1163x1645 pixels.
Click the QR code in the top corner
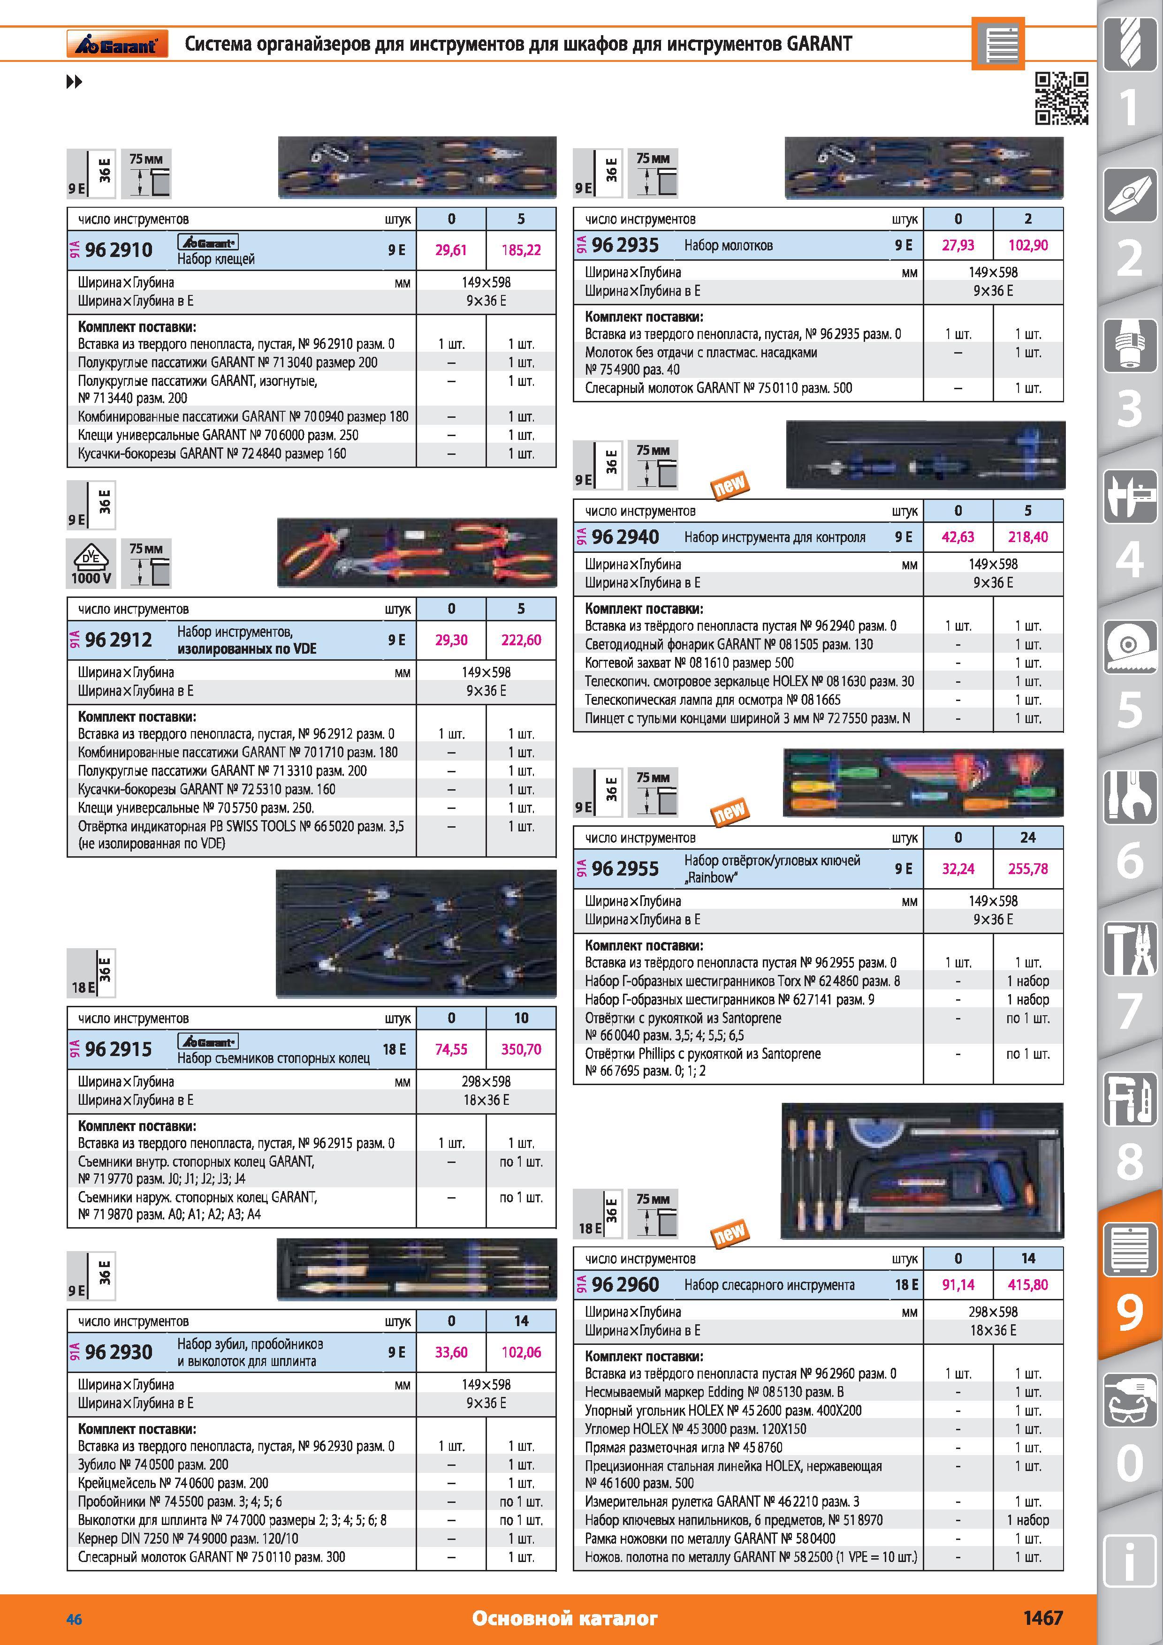point(1061,98)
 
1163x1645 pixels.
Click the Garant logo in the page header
point(117,44)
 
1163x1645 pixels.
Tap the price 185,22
point(521,250)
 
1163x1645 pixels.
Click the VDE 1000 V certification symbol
point(91,562)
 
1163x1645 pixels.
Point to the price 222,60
point(521,640)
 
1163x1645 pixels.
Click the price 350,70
point(521,1049)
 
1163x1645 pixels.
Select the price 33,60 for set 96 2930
point(451,1352)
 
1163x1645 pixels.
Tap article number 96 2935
point(625,245)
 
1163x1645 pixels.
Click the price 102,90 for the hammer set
point(1027,245)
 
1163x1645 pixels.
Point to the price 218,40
point(1027,536)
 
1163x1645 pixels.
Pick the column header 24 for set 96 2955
point(1027,837)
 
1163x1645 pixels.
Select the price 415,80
point(1027,1284)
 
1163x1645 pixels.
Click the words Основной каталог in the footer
point(565,1618)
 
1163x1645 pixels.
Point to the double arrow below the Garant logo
point(74,83)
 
